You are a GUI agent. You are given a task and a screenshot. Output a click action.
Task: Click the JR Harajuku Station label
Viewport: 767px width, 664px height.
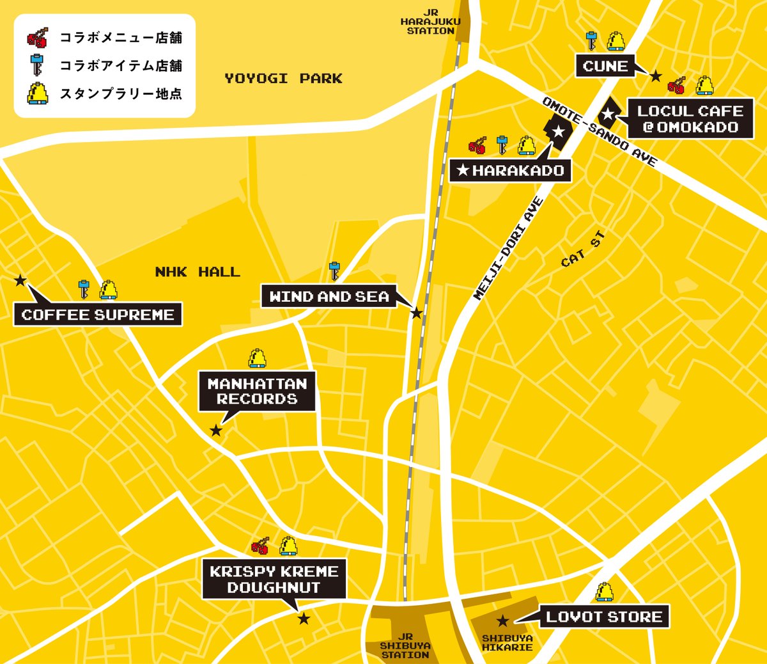pos(430,22)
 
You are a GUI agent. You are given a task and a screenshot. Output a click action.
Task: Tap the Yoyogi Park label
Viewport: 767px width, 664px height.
pos(283,79)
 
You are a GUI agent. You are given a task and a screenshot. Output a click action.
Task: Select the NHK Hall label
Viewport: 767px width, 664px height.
pos(198,272)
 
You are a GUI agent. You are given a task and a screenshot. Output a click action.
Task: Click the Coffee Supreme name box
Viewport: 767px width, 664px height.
pos(98,315)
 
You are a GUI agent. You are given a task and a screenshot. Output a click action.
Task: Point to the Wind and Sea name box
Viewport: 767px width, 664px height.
pos(329,297)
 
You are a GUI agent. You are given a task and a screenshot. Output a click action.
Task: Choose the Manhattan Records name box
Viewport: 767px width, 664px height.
pos(257,391)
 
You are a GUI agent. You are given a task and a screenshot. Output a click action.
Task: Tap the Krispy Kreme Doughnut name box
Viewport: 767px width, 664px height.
pos(274,580)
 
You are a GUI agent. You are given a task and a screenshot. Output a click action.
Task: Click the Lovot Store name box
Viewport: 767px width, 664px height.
pos(604,617)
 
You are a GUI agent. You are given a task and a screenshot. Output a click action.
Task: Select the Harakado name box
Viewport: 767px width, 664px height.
pos(510,171)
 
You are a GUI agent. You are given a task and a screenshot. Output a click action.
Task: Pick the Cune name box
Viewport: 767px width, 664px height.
pos(605,66)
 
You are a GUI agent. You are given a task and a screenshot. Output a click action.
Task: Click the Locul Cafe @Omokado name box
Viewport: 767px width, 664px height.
pos(690,119)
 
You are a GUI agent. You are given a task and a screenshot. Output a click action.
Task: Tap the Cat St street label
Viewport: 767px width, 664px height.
pos(583,250)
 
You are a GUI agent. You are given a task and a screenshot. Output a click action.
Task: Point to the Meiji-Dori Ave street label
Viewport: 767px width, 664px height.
pos(509,249)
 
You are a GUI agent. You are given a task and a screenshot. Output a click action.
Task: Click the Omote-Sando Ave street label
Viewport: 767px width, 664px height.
pos(599,132)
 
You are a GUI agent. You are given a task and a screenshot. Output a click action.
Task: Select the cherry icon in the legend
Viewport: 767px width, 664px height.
pos(37,38)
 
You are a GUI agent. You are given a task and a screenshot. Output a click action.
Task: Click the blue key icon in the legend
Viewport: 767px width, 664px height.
pos(37,65)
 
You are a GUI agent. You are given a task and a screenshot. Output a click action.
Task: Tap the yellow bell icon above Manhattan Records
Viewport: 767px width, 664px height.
pos(257,358)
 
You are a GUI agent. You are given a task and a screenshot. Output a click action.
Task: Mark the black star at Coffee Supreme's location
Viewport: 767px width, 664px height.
pos(20,280)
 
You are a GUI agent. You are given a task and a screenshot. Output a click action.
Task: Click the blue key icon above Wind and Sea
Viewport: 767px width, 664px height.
pos(334,271)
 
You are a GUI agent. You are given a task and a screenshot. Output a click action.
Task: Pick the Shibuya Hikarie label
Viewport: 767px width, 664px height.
pos(507,643)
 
